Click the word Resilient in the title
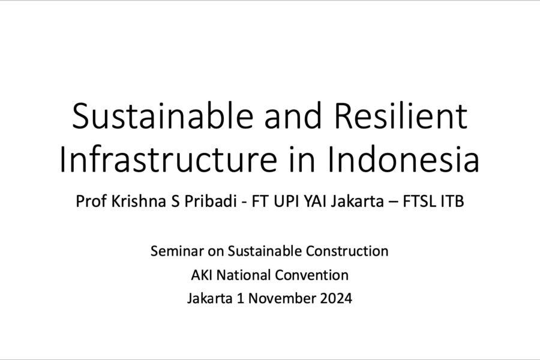pos(401,116)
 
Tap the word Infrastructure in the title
pos(168,159)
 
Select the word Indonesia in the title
pos(403,159)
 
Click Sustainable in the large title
pos(163,116)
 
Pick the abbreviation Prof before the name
pos(91,201)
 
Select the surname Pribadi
pos(210,201)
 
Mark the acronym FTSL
pos(419,201)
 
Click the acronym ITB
pos(452,201)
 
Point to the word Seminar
pos(177,251)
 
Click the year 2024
pos(336,298)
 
